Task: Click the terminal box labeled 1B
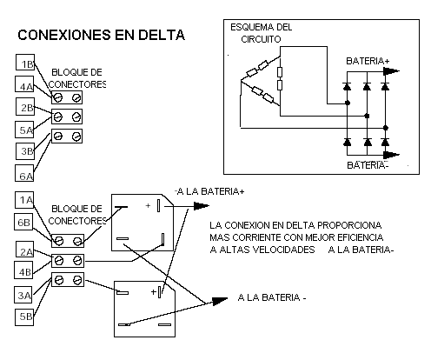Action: tap(25, 62)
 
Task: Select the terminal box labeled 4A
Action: tap(24, 84)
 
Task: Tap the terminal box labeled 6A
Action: tap(24, 173)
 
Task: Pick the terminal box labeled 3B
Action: tap(25, 151)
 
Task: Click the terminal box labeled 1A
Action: tap(24, 200)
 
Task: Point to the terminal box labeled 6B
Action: tap(23, 222)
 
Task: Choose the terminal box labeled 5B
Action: tap(24, 317)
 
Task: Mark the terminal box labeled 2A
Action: tap(24, 250)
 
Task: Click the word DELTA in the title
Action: tap(162, 35)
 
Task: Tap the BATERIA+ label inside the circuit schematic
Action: tap(368, 61)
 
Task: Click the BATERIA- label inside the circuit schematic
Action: tap(368, 165)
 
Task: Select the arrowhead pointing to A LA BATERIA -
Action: tap(220, 301)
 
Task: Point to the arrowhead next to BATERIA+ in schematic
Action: tap(391, 71)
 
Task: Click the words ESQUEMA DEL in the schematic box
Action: tap(262, 27)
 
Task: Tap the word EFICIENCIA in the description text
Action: tap(361, 237)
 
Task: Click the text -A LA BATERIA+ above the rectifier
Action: tap(209, 191)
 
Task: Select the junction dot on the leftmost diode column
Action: tap(348, 103)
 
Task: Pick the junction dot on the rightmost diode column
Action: tap(386, 128)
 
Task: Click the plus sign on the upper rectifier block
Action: tap(148, 205)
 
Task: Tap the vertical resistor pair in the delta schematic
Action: tap(280, 78)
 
